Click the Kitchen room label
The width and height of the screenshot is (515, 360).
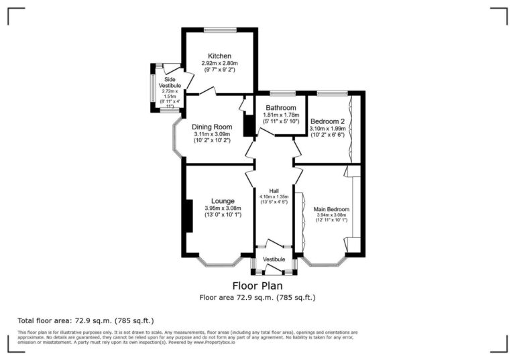pyautogui.click(x=219, y=56)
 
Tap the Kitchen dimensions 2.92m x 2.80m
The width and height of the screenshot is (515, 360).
pyautogui.click(x=219, y=63)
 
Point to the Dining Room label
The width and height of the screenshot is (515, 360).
pyautogui.click(x=212, y=127)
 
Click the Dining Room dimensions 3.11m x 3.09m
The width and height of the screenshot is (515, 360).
pyautogui.click(x=212, y=135)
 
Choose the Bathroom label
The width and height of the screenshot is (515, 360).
pyautogui.click(x=280, y=107)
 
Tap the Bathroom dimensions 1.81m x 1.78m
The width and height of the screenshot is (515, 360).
pyautogui.click(x=280, y=115)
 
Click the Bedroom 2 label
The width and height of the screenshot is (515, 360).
pyautogui.click(x=327, y=121)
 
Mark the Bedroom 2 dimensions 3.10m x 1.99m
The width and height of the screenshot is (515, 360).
pyautogui.click(x=327, y=128)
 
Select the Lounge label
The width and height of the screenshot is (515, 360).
pyautogui.click(x=223, y=200)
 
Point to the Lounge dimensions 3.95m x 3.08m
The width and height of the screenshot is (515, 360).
pyautogui.click(x=223, y=208)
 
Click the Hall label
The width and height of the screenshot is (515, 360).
pyautogui.click(x=274, y=190)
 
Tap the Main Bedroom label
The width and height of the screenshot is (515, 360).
pyautogui.click(x=331, y=209)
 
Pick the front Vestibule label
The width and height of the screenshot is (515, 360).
pyautogui.click(x=274, y=259)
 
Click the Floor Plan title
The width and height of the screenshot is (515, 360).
pyautogui.click(x=257, y=286)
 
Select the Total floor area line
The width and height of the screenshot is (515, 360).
pyautogui.click(x=90, y=320)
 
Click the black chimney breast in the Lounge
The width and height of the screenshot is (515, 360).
pyautogui.click(x=189, y=216)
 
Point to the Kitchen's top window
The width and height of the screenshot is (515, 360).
pyautogui.click(x=219, y=29)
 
